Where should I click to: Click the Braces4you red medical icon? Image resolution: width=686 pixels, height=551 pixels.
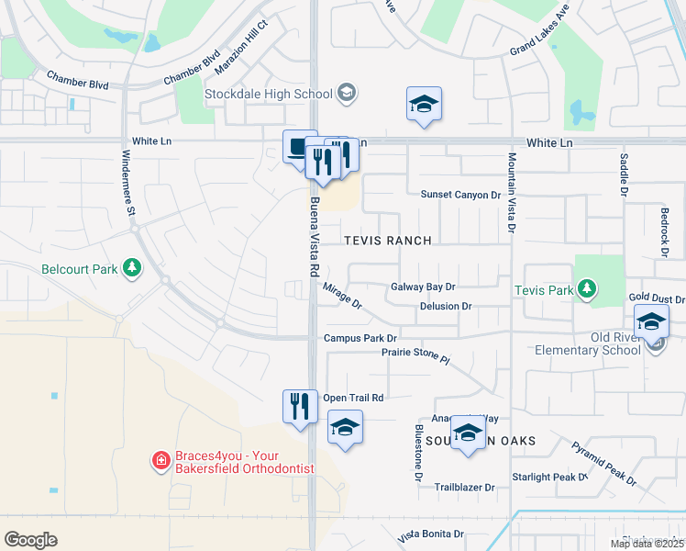click(x=160, y=460)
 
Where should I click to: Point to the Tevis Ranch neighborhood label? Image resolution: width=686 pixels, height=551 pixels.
click(x=387, y=241)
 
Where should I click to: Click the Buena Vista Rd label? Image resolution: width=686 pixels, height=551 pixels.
click(x=314, y=237)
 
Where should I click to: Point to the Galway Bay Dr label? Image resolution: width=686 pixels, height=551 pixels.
click(x=423, y=287)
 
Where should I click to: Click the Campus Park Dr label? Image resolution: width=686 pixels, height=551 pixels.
click(x=360, y=339)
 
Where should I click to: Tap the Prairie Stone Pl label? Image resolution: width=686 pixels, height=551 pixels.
click(x=417, y=354)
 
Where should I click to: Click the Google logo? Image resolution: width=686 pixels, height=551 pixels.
click(x=30, y=540)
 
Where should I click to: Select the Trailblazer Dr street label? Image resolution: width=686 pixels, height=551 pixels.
click(x=464, y=487)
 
